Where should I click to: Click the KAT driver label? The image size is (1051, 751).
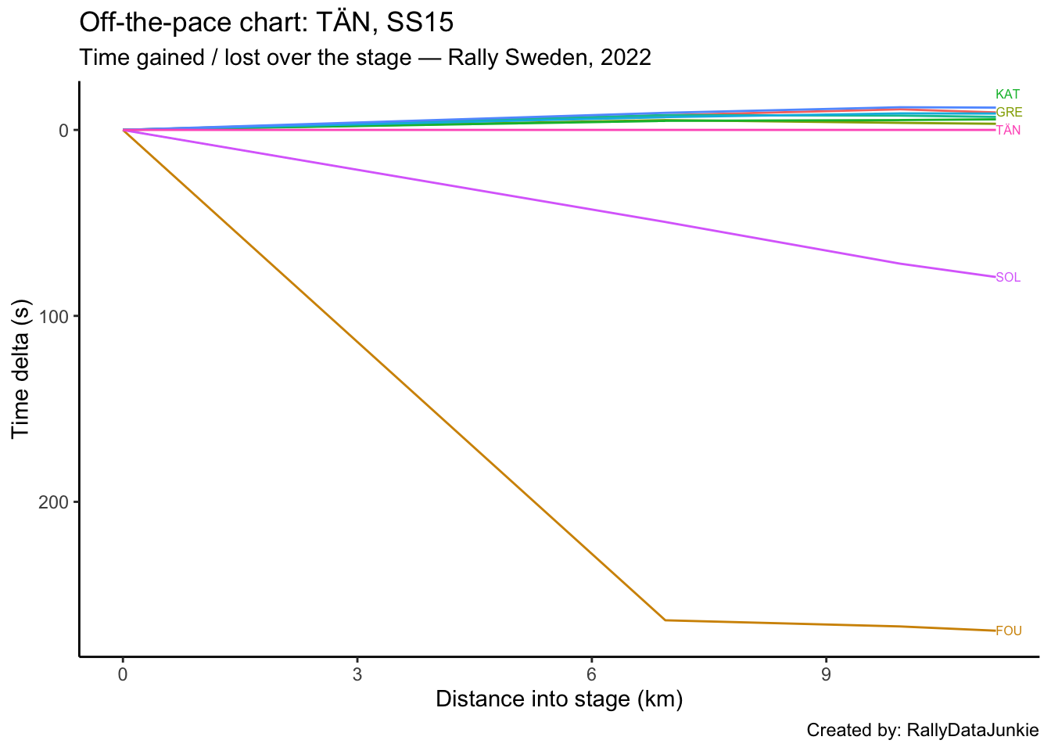[1007, 95]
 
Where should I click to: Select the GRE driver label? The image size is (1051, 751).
[1009, 113]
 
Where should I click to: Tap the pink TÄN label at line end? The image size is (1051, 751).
[1008, 131]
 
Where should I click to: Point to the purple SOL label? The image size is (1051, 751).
[1008, 278]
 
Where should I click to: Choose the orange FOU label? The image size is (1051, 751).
[1009, 631]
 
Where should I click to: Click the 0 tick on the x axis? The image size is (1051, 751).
[123, 674]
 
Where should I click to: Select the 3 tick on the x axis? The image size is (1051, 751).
[357, 674]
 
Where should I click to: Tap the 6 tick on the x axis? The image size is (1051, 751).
[591, 674]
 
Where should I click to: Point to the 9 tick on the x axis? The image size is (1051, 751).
[826, 674]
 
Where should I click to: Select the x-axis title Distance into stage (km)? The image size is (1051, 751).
[559, 699]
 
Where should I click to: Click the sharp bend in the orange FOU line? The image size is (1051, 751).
[665, 620]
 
